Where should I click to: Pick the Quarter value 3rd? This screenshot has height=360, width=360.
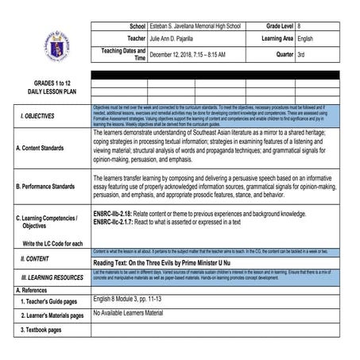pyautogui.click(x=302, y=55)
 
